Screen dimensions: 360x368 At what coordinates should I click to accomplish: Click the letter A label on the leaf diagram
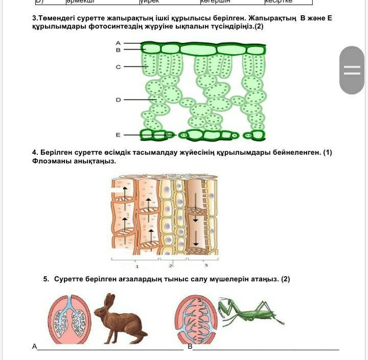pyautogui.click(x=118, y=43)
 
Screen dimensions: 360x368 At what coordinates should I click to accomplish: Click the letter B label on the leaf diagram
pyautogui.click(x=118, y=50)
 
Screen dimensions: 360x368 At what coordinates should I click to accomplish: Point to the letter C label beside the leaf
pyautogui.click(x=118, y=66)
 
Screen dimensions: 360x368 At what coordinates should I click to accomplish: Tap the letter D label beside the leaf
pyautogui.click(x=118, y=100)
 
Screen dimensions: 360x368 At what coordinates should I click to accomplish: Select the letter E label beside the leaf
pyautogui.click(x=118, y=135)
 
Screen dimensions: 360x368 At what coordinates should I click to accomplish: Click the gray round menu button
pyautogui.click(x=352, y=70)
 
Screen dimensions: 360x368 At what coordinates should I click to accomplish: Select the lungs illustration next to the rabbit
pyautogui.click(x=70, y=320)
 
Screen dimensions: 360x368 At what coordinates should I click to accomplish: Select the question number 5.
pyautogui.click(x=46, y=279)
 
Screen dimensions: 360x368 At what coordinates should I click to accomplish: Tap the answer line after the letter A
pyautogui.click(x=110, y=349)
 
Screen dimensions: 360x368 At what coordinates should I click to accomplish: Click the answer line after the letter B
pyautogui.click(x=266, y=349)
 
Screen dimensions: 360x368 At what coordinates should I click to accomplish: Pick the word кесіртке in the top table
pyautogui.click(x=279, y=2)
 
